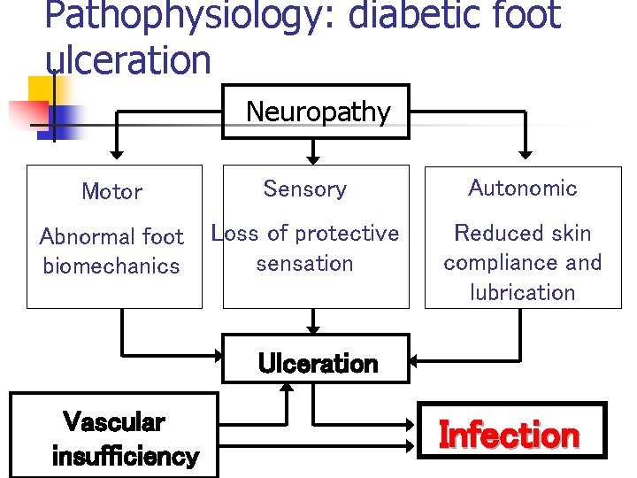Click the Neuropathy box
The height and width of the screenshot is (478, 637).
tap(315, 112)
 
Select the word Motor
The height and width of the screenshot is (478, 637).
tap(111, 191)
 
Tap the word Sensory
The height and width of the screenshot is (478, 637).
tap(304, 189)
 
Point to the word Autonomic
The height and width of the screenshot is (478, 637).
tap(522, 188)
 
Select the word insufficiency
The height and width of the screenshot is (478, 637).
tap(125, 457)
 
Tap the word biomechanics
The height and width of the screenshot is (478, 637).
tap(111, 266)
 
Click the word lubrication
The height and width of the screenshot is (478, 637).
tap(522, 292)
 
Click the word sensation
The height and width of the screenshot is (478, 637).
tap(304, 263)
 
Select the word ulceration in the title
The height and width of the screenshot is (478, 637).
tap(127, 59)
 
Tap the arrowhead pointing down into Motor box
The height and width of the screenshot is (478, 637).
tap(114, 153)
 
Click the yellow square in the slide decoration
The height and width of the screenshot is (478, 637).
tap(42, 89)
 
